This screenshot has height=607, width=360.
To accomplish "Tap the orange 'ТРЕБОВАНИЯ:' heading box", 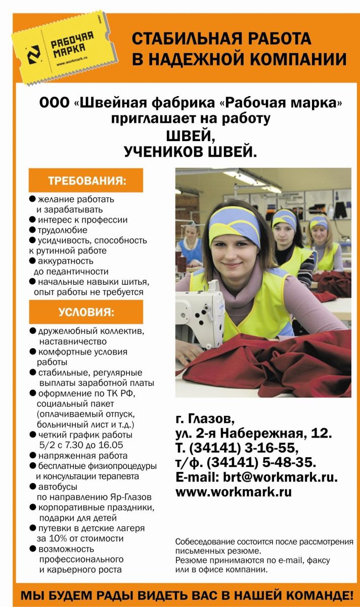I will [86, 181].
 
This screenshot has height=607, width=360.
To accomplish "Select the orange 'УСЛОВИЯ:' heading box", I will [86, 312].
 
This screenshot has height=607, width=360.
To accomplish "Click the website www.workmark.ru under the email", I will [234, 491].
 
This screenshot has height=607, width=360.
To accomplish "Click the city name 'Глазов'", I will [212, 419].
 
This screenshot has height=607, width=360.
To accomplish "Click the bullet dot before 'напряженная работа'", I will [33, 456].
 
